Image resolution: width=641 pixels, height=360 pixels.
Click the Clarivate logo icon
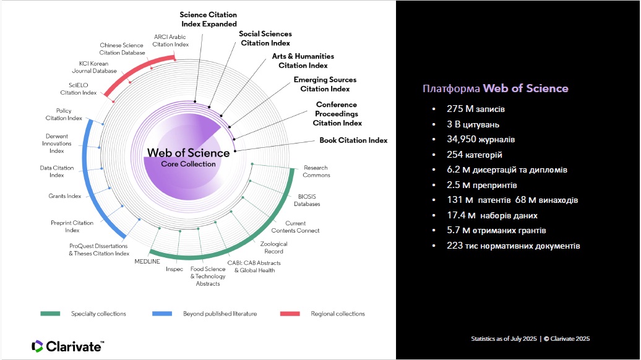pos(37,346)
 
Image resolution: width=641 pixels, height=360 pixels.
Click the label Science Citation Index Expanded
pos(209,19)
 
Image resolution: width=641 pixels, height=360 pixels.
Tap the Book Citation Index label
pos(353,140)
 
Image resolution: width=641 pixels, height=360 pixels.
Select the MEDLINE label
pos(147,262)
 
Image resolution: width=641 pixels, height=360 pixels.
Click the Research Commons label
pos(316,171)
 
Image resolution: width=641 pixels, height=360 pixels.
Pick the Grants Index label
pos(65,196)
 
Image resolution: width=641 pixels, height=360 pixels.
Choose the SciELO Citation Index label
pos(79,89)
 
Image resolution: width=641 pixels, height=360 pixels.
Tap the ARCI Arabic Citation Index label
pos(171,40)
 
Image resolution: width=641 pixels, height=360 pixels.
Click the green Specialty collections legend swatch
pos(50,314)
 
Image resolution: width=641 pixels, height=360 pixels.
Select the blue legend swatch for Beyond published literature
pos(162,314)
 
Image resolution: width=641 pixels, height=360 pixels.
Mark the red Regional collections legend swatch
pos(290,314)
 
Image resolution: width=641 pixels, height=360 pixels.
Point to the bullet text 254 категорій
pos(475,154)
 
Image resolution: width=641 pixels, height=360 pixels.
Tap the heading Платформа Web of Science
pos(495,88)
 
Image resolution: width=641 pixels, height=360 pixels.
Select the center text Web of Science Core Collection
pos(188,157)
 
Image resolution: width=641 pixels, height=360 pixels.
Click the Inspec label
pos(174,269)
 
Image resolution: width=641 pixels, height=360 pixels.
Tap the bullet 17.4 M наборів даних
pos(492,215)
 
